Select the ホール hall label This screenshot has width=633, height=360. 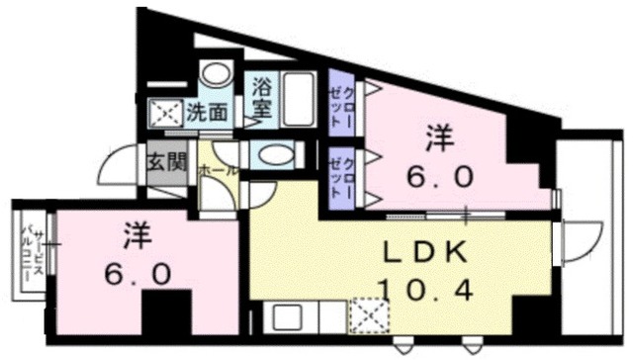pyautogui.click(x=218, y=170)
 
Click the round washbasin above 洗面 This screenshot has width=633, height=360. pyautogui.click(x=215, y=75)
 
